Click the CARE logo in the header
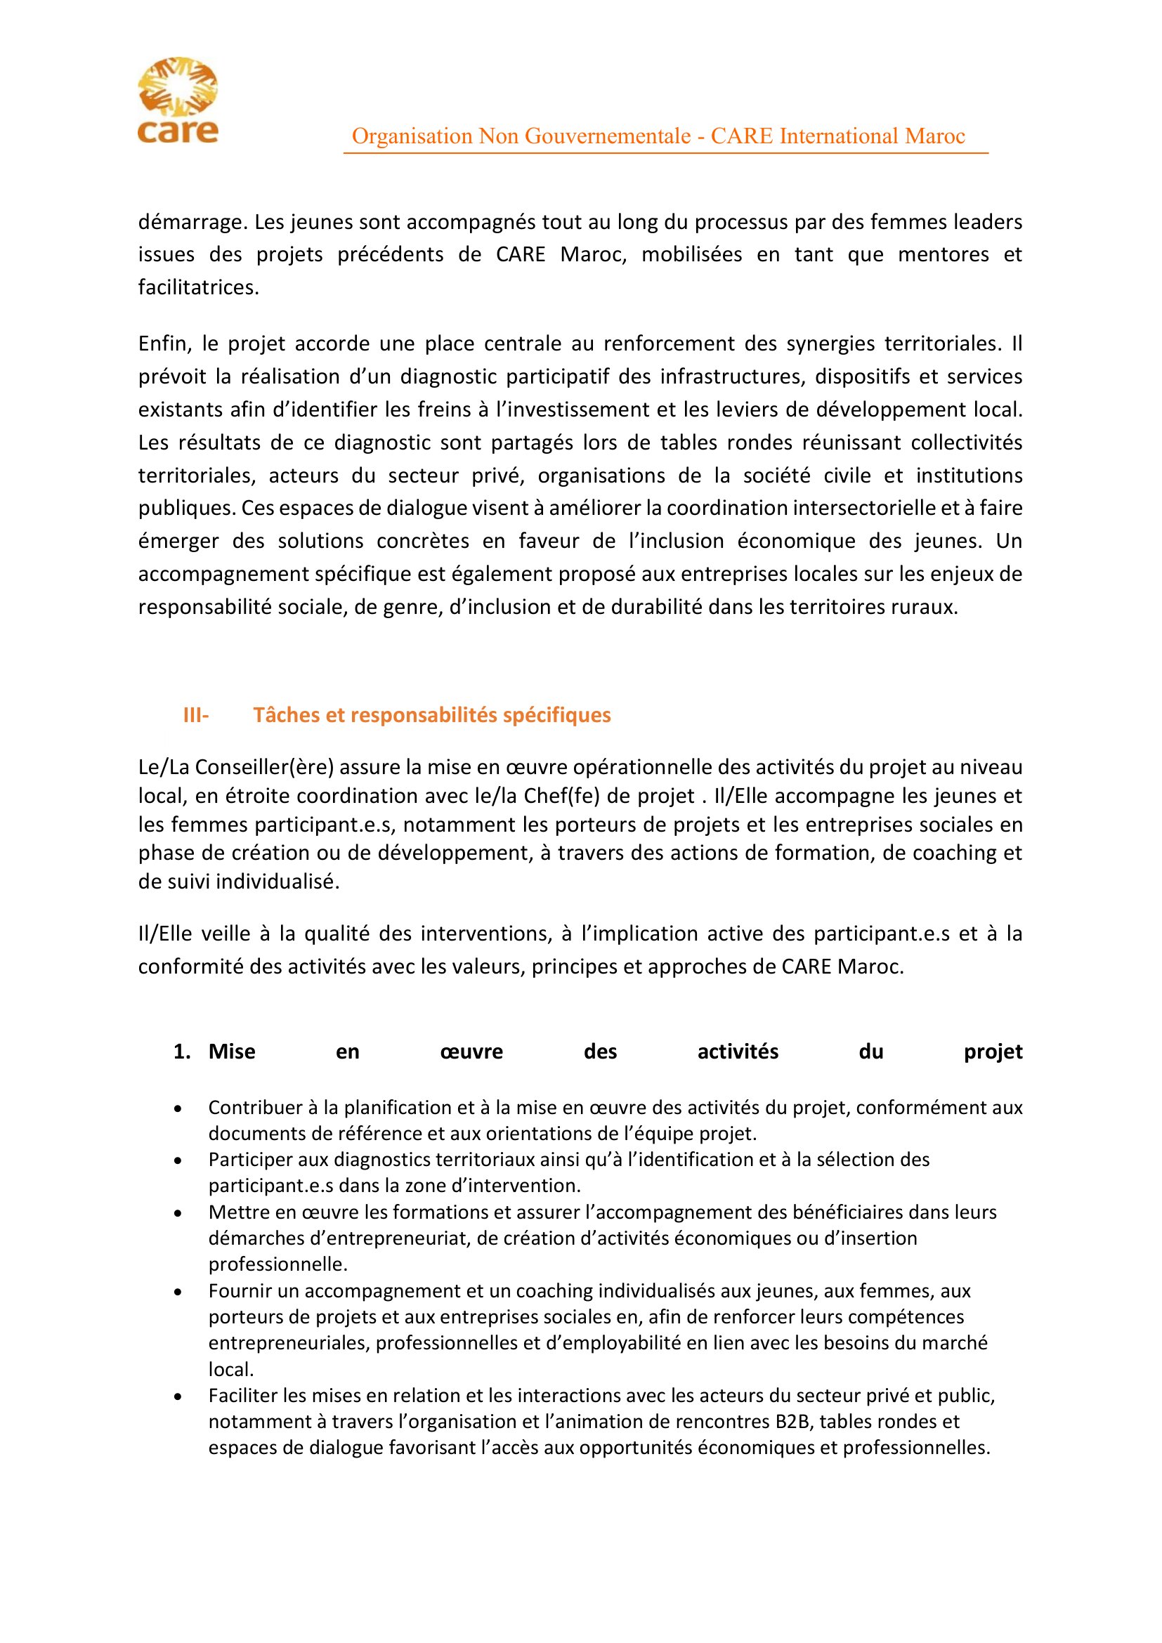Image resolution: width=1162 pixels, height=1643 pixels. click(178, 100)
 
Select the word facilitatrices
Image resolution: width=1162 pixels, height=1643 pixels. click(197, 288)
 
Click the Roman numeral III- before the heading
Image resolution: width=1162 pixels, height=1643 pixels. click(196, 716)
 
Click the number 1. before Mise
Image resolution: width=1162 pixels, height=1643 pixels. click(182, 1052)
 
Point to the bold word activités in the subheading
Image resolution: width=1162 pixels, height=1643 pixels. click(738, 1052)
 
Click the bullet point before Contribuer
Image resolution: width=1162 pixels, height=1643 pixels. click(178, 1108)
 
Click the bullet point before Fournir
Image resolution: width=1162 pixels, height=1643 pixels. click(178, 1292)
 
